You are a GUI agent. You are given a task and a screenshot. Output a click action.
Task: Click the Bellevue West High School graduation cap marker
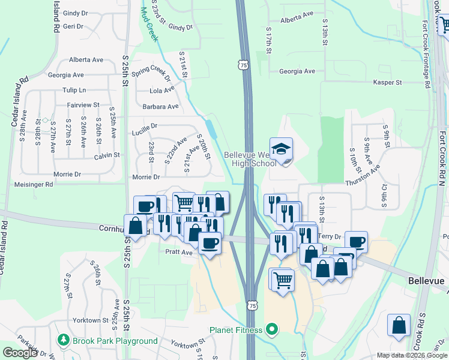[x=281, y=150]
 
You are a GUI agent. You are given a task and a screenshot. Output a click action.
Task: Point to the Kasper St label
[x=387, y=82]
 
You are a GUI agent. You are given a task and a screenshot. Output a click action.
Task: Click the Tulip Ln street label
[x=74, y=90]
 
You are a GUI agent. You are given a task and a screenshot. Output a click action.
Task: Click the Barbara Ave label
[x=161, y=107]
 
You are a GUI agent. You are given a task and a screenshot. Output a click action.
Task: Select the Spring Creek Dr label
[x=152, y=75]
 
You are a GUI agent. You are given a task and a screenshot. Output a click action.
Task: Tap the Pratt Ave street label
[x=179, y=253]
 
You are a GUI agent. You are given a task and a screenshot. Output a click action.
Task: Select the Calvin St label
[x=107, y=155]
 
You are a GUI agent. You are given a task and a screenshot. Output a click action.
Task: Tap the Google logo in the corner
[x=20, y=353]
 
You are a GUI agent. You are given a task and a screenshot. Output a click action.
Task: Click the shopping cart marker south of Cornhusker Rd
[x=281, y=280]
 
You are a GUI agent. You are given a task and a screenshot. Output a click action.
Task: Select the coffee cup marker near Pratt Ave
[x=209, y=243]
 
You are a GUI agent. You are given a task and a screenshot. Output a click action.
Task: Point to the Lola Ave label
[x=162, y=91]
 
